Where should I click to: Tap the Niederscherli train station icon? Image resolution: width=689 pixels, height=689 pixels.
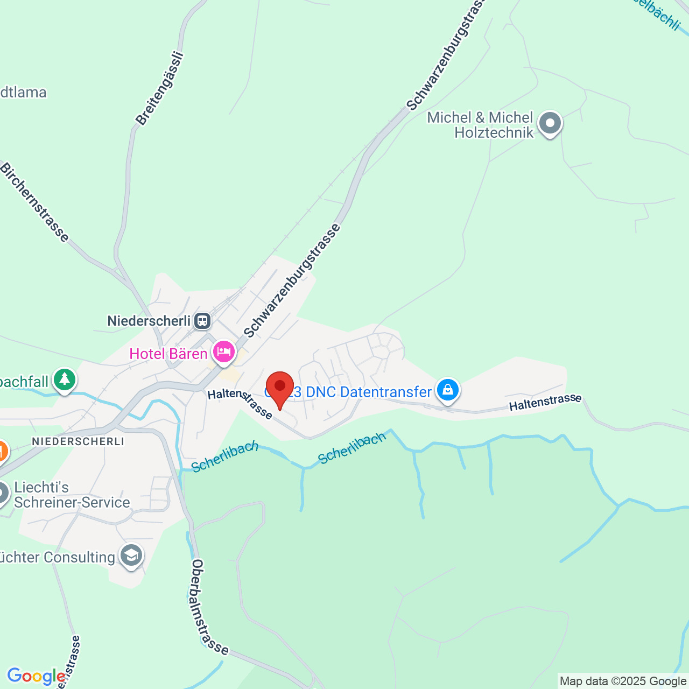202,321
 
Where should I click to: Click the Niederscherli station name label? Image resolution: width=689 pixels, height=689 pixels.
149,321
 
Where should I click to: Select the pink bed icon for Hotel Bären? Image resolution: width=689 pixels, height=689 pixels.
224,352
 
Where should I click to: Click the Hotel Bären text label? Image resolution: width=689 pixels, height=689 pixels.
168,354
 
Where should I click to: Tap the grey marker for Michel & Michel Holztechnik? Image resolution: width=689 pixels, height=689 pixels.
550,123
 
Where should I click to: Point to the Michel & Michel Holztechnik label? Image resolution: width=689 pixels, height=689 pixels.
480,125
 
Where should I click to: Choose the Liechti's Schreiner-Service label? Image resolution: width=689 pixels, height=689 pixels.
72,495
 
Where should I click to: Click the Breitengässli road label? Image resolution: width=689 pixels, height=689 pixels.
159,89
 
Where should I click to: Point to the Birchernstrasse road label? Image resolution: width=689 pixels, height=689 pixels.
34,202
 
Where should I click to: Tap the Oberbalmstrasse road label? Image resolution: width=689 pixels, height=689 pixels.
210,607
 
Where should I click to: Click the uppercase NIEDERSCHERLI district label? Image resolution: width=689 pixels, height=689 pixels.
78,441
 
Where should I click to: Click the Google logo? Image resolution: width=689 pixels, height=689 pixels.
36,676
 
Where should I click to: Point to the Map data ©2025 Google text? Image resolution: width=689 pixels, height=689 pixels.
623,681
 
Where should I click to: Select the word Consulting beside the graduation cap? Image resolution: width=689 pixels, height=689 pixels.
79,557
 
